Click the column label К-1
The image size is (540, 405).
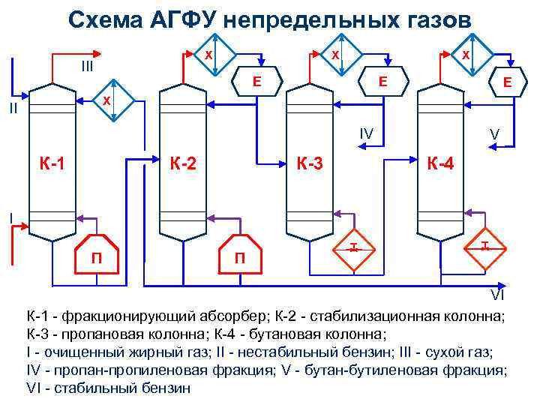(x=52, y=161)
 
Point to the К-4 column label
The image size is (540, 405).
(x=439, y=161)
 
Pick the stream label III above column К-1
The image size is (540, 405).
(x=87, y=67)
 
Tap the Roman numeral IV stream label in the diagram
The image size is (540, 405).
(x=367, y=133)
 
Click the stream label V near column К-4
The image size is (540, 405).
(x=494, y=134)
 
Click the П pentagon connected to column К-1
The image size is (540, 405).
(x=97, y=256)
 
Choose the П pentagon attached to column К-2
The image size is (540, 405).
(x=239, y=256)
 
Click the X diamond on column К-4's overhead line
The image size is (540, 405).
(x=466, y=55)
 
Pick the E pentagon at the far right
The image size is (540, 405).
(x=506, y=83)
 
